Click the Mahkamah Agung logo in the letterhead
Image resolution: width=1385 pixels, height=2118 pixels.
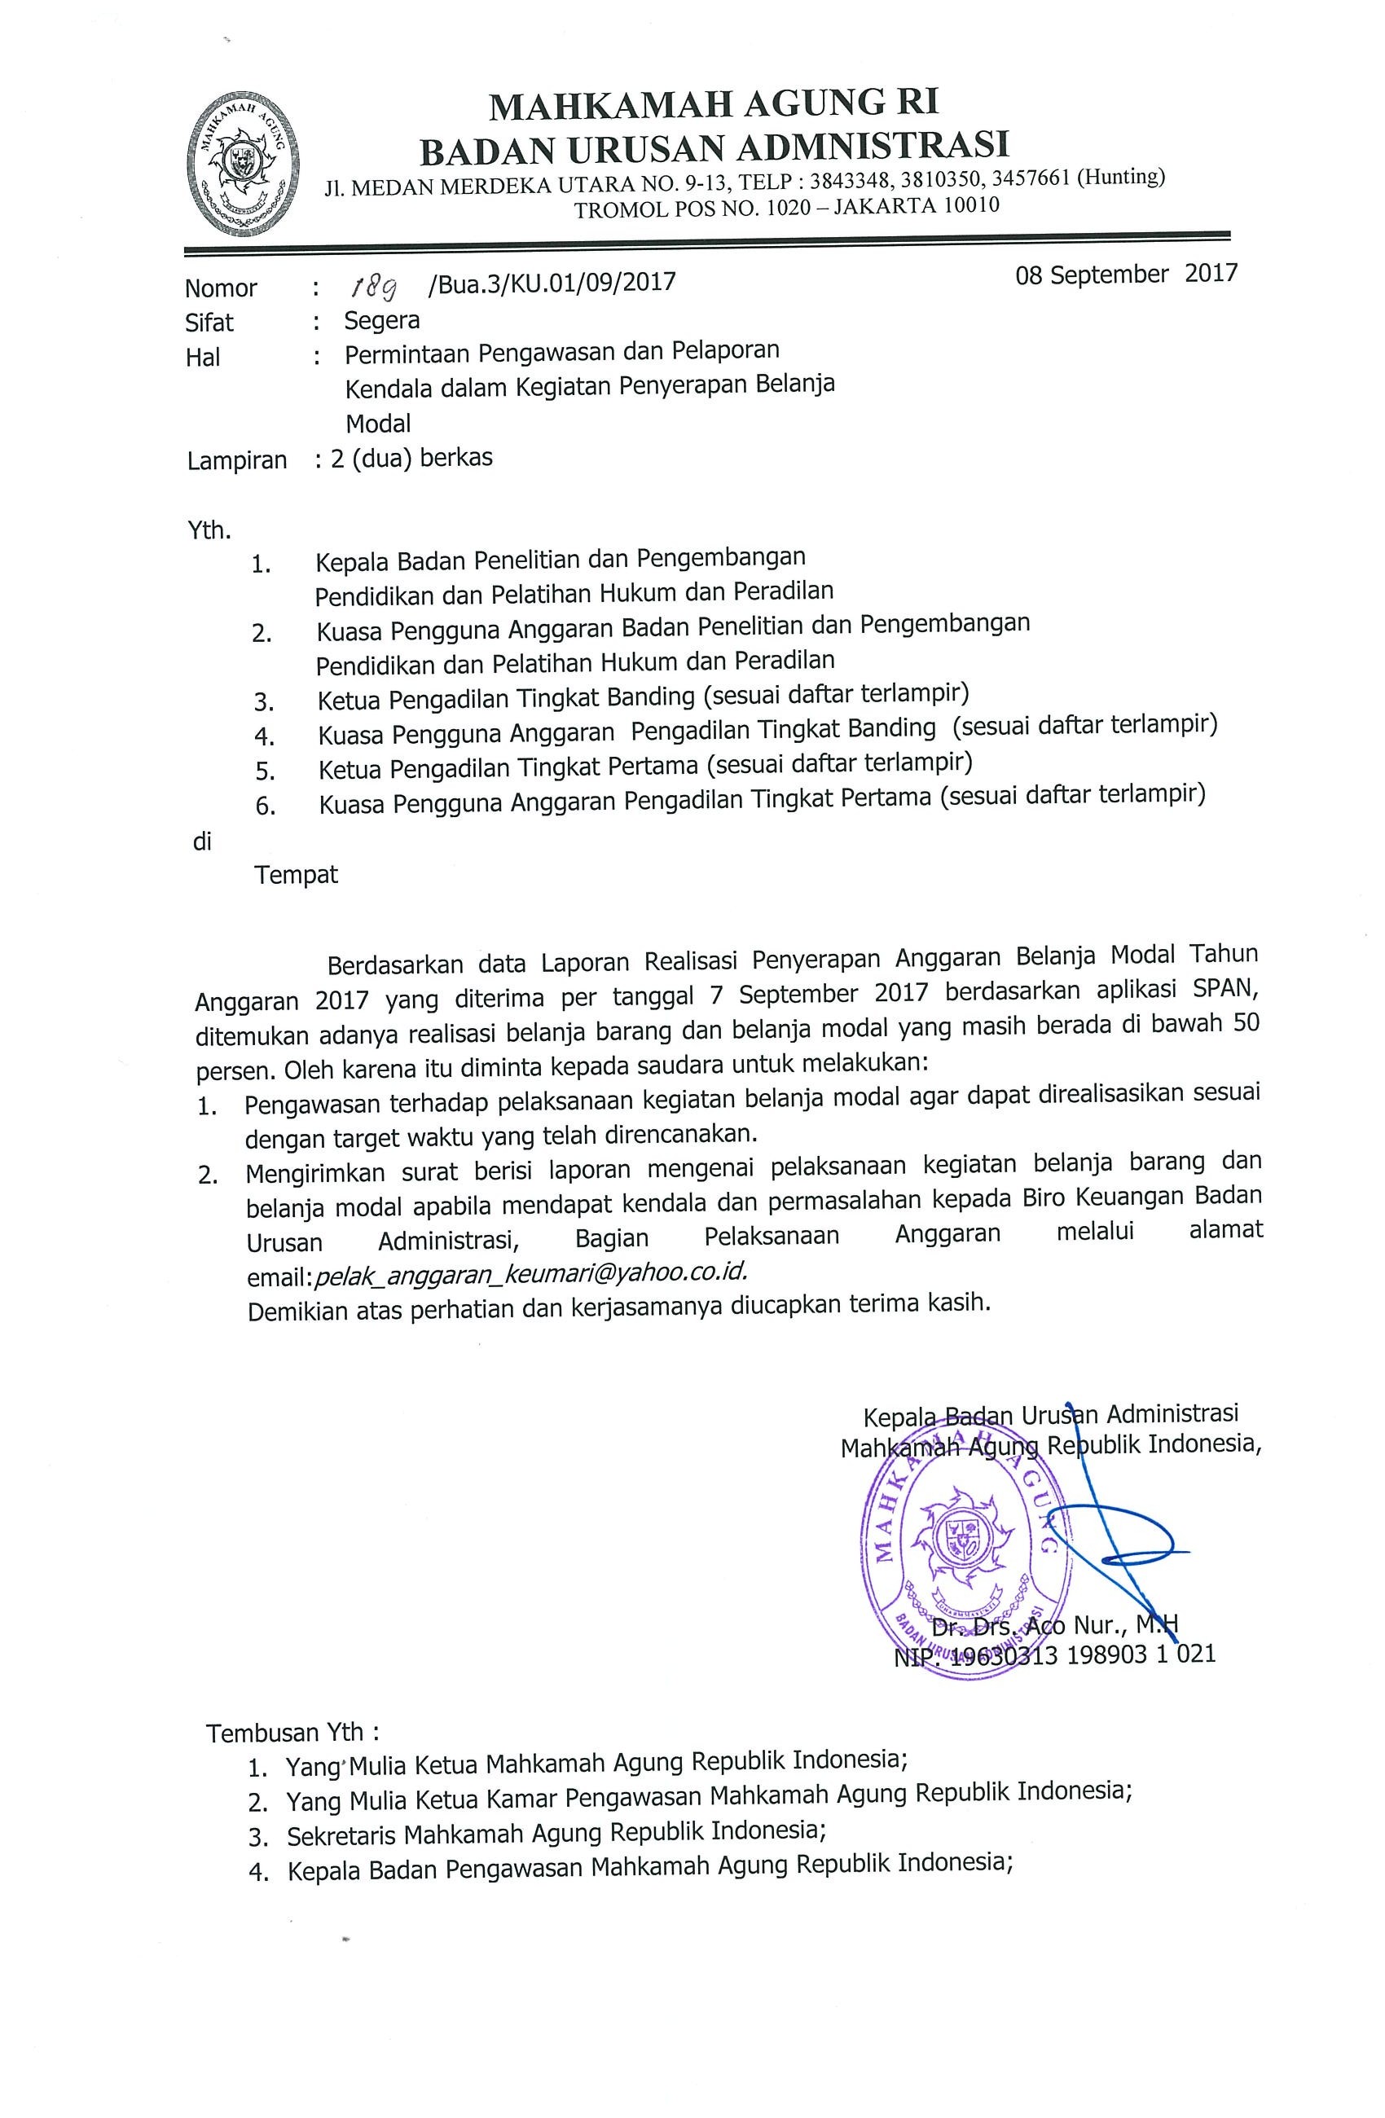243,165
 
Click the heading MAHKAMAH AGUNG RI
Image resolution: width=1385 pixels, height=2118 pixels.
714,105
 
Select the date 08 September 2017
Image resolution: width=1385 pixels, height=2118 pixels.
1126,274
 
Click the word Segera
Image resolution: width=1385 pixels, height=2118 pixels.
382,319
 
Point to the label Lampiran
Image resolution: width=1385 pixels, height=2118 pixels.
237,461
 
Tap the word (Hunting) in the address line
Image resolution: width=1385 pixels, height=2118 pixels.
1121,177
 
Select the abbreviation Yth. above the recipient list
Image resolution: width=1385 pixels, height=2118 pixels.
209,530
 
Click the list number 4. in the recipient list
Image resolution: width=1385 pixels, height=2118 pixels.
263,736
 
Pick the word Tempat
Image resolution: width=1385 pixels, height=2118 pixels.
297,875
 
